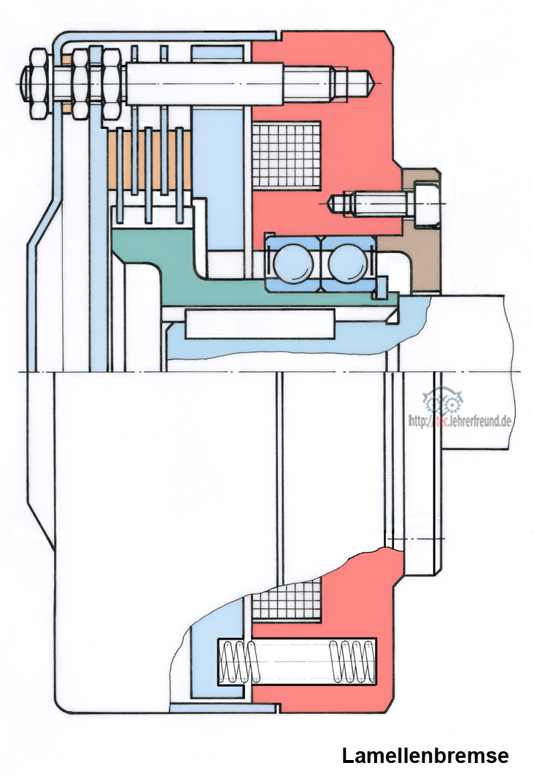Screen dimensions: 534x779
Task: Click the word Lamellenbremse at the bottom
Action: (x=425, y=756)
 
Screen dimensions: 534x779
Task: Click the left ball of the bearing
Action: (x=293, y=263)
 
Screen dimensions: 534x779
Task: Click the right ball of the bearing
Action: (x=348, y=263)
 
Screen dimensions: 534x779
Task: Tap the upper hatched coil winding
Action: (x=287, y=155)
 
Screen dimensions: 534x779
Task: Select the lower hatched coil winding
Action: (x=287, y=600)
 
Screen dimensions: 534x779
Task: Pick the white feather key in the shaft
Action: (x=260, y=324)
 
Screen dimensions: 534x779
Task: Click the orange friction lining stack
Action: (x=149, y=159)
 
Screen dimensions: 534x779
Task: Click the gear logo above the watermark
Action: (x=442, y=401)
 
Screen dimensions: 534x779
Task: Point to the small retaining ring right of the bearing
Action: (x=382, y=289)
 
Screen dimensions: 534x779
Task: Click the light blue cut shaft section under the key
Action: (x=298, y=338)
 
